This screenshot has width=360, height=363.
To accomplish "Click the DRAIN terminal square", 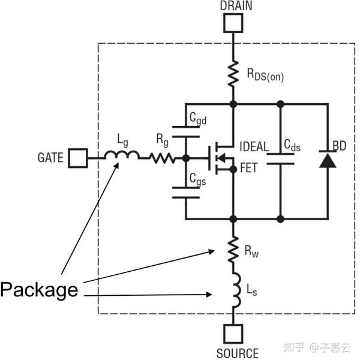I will coord(233,23).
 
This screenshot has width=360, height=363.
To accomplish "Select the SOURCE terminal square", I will coord(233,334).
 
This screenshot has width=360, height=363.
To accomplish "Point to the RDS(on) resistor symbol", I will coord(233,74).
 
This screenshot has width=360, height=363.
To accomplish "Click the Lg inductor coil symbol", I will coord(122,156).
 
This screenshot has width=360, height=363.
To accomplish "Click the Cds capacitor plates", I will coord(280,158).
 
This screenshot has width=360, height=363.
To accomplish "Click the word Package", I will coord(39,290).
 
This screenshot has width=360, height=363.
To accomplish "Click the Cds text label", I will coord(296,145).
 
